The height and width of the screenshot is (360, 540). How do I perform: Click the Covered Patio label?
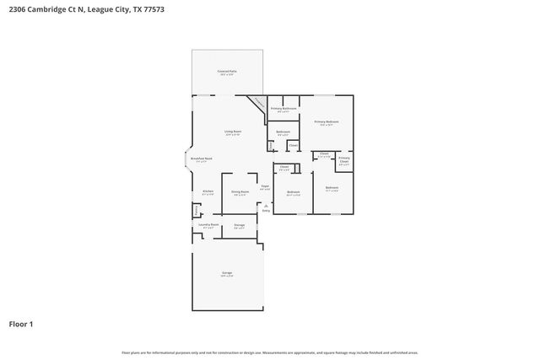pos(227,72)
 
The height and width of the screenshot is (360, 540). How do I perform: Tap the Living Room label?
pos(233,132)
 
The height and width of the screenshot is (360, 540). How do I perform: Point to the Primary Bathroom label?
pos(283,110)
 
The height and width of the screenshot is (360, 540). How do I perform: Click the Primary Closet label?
pos(344,159)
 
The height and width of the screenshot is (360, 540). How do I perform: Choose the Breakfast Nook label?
pos(201,159)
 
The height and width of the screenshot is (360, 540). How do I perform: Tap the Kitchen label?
pos(208,192)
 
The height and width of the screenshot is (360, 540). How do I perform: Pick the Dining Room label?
pos(240,192)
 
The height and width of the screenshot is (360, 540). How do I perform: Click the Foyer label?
pos(265,186)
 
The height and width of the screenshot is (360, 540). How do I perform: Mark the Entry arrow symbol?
pos(266,205)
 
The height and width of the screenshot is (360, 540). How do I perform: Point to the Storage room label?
pos(240,225)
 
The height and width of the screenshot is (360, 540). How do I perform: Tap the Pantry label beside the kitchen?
pos(197,211)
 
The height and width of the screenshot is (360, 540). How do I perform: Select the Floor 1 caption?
pos(20,324)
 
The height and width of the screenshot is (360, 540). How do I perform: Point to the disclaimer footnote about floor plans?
pos(270,352)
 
